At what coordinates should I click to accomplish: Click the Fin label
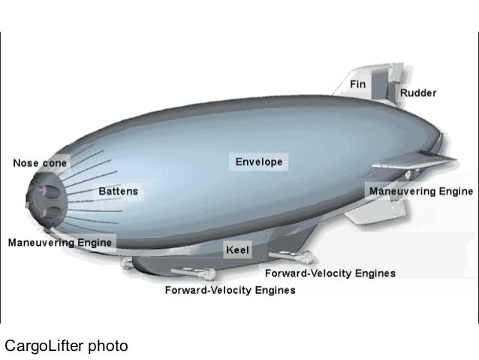point(358,85)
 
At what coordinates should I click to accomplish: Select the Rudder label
point(418,94)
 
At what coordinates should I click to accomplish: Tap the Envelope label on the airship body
point(258,162)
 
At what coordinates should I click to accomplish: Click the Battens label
point(119,192)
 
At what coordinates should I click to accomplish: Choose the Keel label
point(237,248)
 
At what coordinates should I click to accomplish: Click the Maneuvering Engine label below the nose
point(59,243)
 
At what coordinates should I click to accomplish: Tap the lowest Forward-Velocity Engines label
point(230,290)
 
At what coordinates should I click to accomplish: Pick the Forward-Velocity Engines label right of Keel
point(330,274)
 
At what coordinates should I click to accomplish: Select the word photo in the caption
point(108,346)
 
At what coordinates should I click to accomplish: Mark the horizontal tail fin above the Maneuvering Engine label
point(428,162)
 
